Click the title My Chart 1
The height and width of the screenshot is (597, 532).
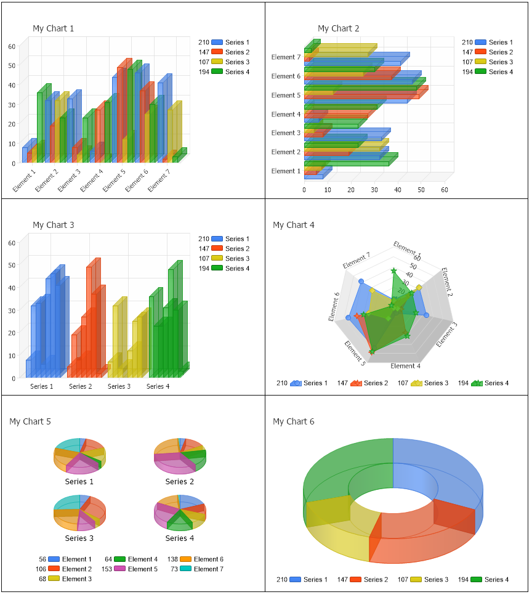click(x=53, y=28)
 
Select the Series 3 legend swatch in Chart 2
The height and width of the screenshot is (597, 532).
click(x=481, y=62)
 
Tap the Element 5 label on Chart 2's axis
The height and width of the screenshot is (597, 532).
click(x=286, y=95)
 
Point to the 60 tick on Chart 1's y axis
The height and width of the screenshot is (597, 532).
click(x=12, y=46)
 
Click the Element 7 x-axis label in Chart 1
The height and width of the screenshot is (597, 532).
click(x=158, y=181)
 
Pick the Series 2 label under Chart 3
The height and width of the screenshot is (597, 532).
click(x=81, y=386)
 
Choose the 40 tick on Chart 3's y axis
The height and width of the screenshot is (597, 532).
click(x=12, y=288)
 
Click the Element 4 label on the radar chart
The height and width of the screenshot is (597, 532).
click(x=406, y=366)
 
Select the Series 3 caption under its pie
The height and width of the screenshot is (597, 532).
click(x=79, y=538)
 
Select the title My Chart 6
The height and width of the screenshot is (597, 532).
click(x=293, y=421)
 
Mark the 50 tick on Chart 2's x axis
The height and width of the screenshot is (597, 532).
click(x=421, y=190)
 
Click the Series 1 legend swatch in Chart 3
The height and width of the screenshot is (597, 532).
click(x=217, y=239)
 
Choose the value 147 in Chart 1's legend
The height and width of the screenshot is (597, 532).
click(x=204, y=52)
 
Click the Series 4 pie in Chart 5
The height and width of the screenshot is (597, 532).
click(x=179, y=513)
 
